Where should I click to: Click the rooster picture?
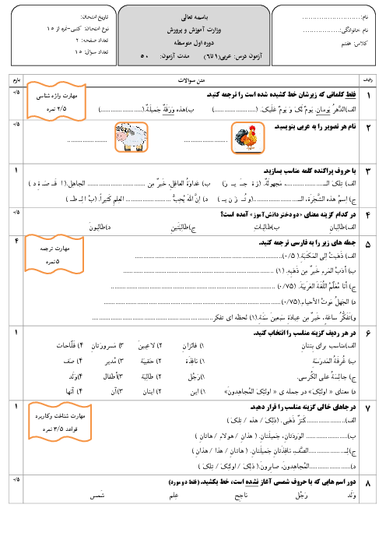coord(247,138)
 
